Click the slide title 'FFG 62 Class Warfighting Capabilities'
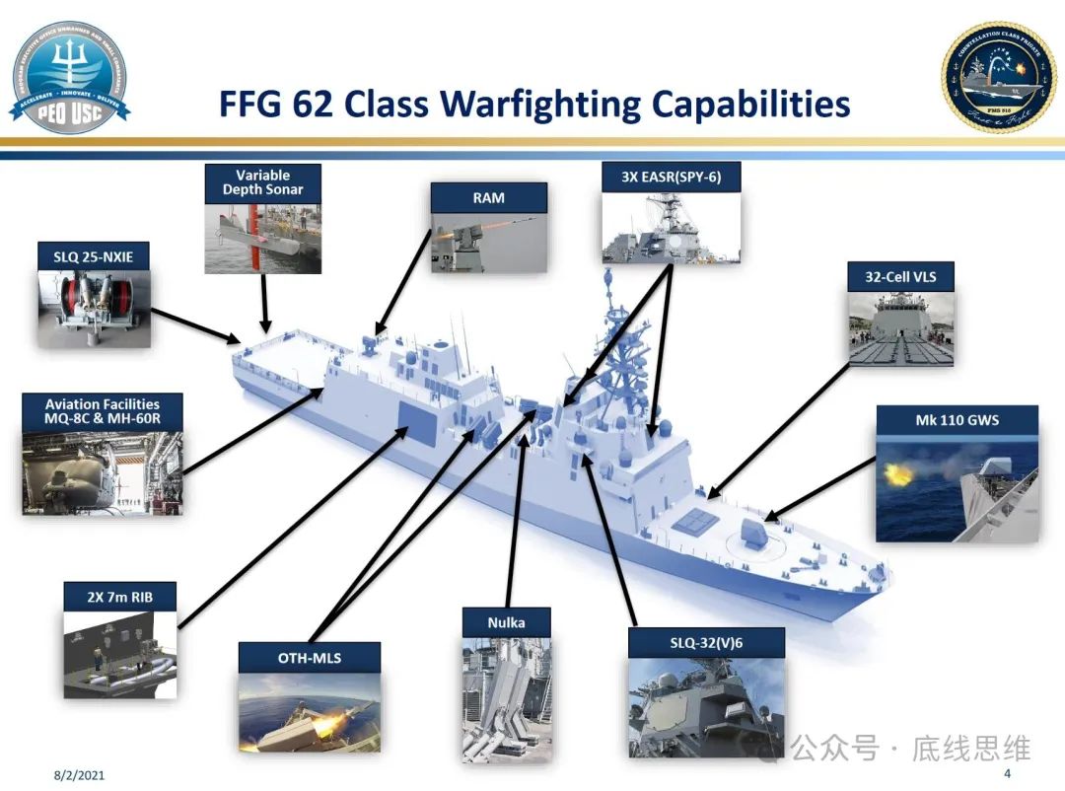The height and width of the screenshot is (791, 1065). click(x=533, y=104)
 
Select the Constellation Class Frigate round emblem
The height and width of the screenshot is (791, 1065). click(x=998, y=77)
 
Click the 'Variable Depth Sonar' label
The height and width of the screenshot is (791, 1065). click(x=263, y=182)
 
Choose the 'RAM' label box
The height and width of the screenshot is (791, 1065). click(x=488, y=197)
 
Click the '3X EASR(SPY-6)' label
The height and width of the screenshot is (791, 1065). click(x=671, y=178)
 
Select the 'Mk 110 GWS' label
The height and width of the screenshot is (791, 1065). click(x=957, y=420)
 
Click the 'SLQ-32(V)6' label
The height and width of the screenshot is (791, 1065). click(x=706, y=643)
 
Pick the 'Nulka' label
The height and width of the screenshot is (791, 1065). click(x=506, y=622)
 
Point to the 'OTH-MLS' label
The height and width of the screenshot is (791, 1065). click(x=309, y=657)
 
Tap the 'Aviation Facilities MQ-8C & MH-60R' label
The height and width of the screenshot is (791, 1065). click(x=103, y=412)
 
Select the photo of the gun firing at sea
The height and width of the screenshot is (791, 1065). click(x=957, y=487)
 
